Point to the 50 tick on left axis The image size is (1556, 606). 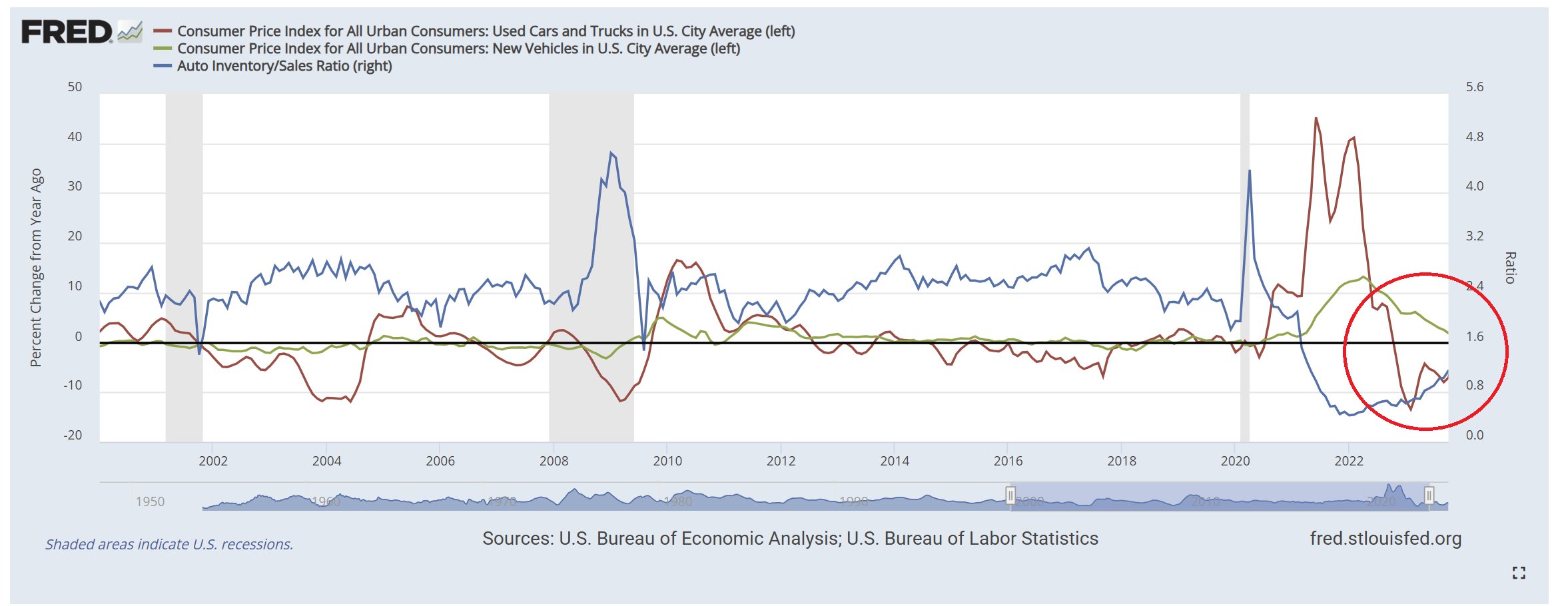[75, 87]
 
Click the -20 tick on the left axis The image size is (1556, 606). [73, 436]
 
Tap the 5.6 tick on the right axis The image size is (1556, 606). [1474, 87]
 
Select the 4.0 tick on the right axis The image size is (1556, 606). [1474, 186]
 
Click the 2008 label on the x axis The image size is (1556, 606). [554, 461]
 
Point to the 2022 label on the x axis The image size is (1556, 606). [1348, 461]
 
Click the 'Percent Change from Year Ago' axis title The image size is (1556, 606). [36, 267]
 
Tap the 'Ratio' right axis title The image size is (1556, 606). [1510, 268]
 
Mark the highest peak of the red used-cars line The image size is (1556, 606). [1316, 119]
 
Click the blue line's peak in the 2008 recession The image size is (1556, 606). [611, 153]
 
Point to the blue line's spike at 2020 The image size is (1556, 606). [1249, 171]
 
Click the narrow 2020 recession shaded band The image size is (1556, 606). [1244, 266]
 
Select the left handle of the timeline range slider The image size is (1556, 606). [1010, 495]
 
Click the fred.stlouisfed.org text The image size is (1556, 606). [1385, 539]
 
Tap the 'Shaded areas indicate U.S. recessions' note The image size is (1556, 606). [169, 545]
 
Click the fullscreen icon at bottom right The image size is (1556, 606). [1518, 573]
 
